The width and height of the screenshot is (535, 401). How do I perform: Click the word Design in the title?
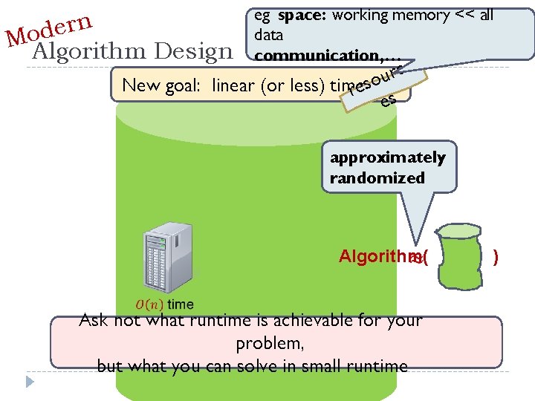(x=198, y=52)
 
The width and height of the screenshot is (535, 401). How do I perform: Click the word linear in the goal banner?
(x=233, y=86)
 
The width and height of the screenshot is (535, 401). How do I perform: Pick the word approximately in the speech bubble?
(x=387, y=157)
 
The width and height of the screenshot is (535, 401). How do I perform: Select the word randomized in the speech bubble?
(x=377, y=178)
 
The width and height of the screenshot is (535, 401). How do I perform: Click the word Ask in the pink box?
(x=93, y=321)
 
